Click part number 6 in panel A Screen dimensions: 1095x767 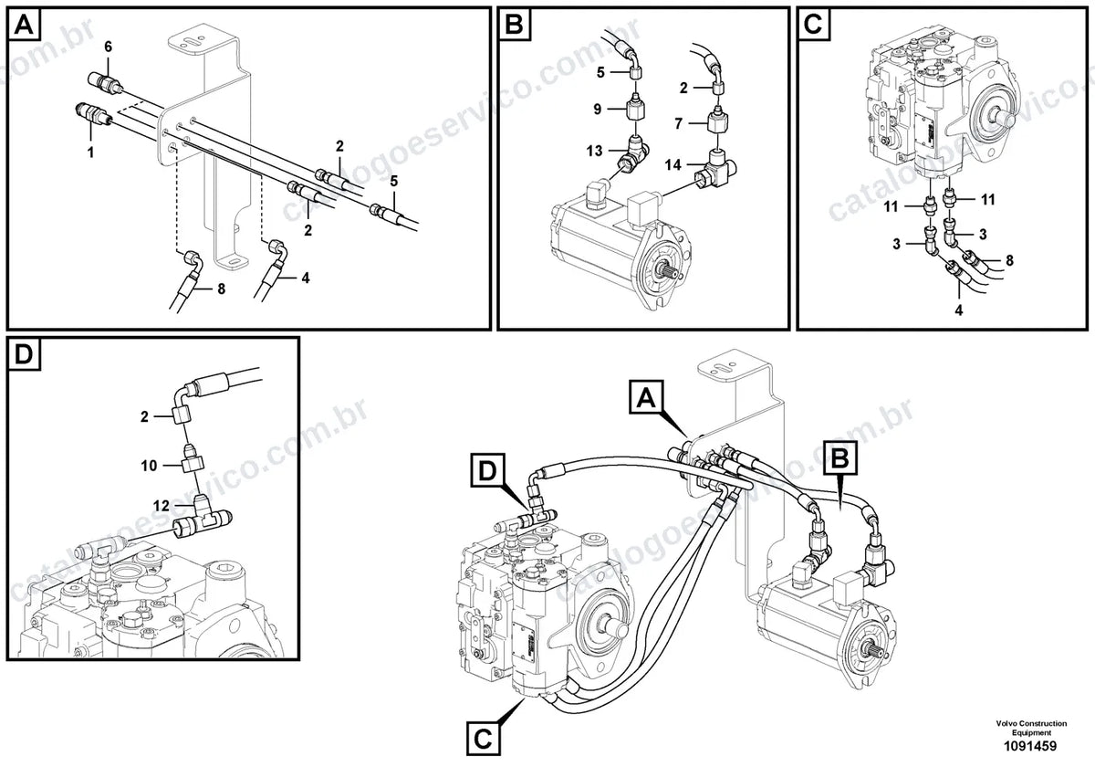(108, 47)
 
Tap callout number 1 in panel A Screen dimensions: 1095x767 (90, 152)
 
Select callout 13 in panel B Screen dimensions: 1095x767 (594, 151)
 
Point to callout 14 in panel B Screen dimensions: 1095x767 (673, 165)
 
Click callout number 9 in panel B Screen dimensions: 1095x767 (598, 109)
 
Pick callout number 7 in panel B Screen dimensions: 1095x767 (679, 123)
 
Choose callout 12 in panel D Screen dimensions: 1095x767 (162, 505)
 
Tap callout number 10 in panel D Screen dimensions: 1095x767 (149, 465)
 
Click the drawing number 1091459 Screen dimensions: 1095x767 (1030, 746)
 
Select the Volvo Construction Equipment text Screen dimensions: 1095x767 (1031, 728)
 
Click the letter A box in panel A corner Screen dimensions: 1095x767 (25, 25)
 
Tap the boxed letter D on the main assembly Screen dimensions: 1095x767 (487, 470)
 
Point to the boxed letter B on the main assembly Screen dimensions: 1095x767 (840, 457)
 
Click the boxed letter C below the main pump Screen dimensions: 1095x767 (483, 739)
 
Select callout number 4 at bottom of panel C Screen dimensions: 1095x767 (959, 310)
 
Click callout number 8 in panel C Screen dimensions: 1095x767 (1009, 261)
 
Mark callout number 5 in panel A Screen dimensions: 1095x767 (393, 182)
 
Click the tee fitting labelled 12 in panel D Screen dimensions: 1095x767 (203, 518)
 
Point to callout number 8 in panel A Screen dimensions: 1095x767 (221, 289)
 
